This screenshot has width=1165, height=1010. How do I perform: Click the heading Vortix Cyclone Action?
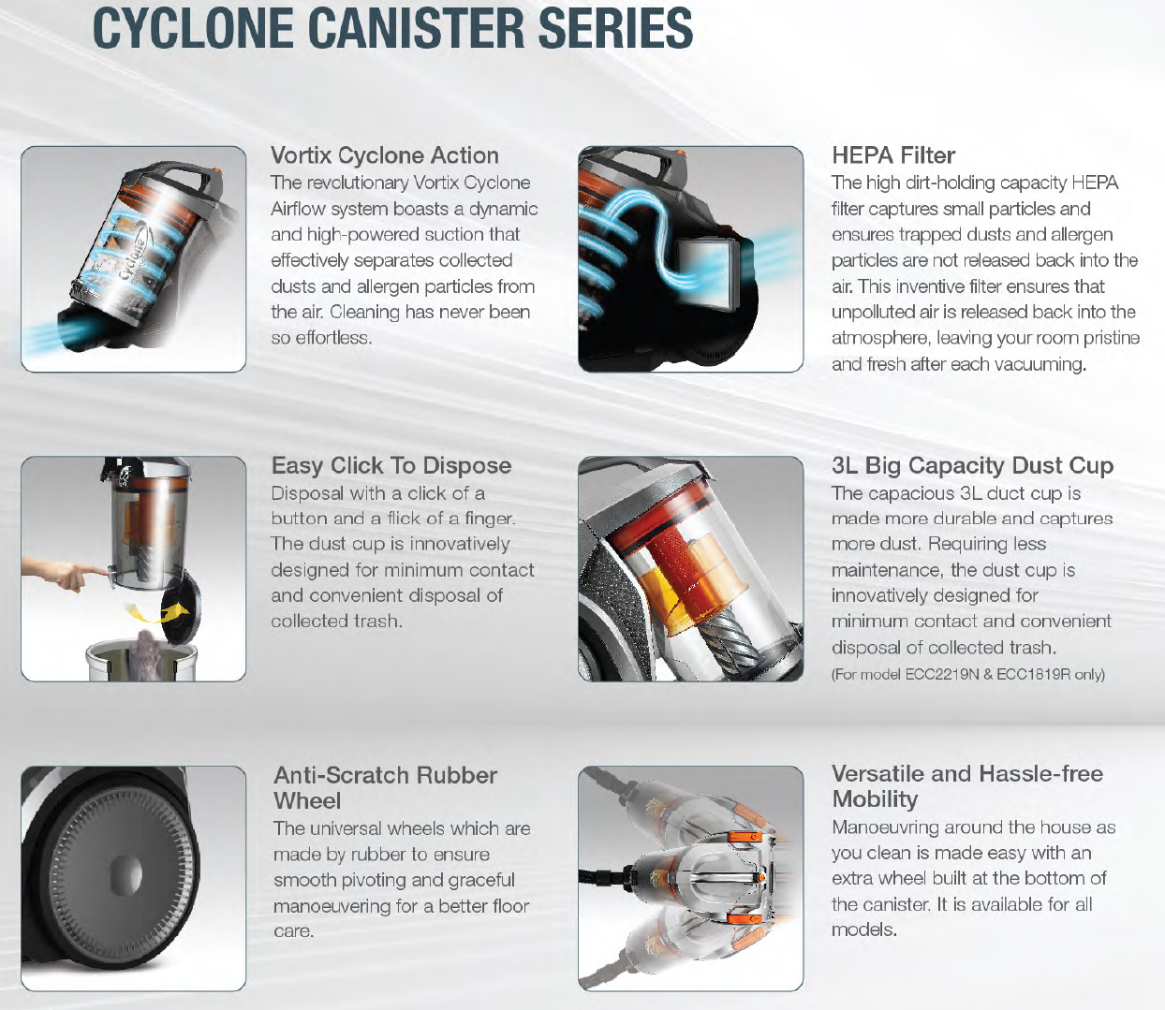point(385,155)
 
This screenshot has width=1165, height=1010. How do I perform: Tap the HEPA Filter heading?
point(893,155)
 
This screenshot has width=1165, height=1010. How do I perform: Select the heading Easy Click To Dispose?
point(391,465)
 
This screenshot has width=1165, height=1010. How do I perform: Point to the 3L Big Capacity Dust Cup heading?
point(972,465)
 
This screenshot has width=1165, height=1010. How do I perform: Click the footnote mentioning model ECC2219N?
point(968,674)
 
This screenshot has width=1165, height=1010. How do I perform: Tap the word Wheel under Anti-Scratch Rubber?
point(307,801)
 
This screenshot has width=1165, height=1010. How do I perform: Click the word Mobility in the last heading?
point(876,799)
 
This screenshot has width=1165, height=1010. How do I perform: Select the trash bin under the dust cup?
point(141,659)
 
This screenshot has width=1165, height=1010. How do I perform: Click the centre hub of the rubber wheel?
point(125,873)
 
